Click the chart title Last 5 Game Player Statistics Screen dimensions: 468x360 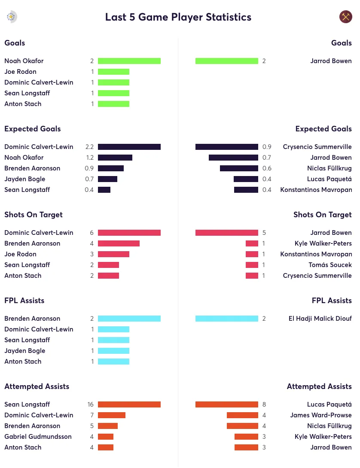coord(178,17)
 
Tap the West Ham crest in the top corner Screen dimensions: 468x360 coord(345,17)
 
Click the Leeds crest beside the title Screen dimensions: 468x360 coord(11,17)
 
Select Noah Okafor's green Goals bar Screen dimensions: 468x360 coord(129,61)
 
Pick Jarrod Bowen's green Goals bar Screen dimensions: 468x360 coord(226,61)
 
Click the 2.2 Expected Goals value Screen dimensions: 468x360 coord(89,147)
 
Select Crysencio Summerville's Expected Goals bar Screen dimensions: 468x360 coord(226,147)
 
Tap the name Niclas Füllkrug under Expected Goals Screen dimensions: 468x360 coord(329,168)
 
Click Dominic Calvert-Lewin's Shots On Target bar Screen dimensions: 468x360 coord(129,233)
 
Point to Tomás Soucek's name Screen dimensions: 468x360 coord(330,265)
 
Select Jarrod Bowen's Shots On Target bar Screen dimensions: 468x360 coord(226,233)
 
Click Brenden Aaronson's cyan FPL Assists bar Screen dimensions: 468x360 coord(129,319)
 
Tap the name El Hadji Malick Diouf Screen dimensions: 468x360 coord(320,319)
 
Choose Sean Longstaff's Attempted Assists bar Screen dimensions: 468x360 coord(129,404)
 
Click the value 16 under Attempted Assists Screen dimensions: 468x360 coord(90,404)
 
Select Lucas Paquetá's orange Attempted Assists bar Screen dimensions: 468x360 coord(226,404)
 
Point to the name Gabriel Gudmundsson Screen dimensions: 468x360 coord(38,437)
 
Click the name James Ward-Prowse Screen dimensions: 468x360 coord(320,415)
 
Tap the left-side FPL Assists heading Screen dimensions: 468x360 coord(24,301)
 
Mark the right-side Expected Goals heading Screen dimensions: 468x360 coord(323,129)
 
